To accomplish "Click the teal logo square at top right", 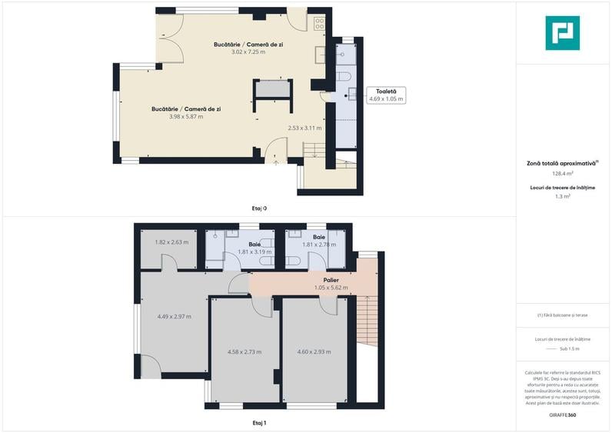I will pos(562,33).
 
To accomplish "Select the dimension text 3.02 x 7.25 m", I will pos(248,52).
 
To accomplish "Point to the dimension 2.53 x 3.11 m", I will pos(304,128).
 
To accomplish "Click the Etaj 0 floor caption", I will pos(259,208).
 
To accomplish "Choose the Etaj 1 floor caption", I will pos(259,422).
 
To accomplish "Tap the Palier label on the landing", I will pos(331,280).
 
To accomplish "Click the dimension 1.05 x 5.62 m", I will pos(331,288).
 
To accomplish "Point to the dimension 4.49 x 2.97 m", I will pos(174,316).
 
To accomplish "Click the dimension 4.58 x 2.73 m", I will pos(244,351).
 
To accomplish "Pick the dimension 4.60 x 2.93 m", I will pos(314,351).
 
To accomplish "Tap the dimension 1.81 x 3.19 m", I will pos(255,251).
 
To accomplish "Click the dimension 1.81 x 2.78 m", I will pos(319,245).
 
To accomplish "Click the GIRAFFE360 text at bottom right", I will pos(562,415).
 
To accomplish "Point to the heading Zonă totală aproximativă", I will pos(562,163).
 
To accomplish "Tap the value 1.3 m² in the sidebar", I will pos(562,197).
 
